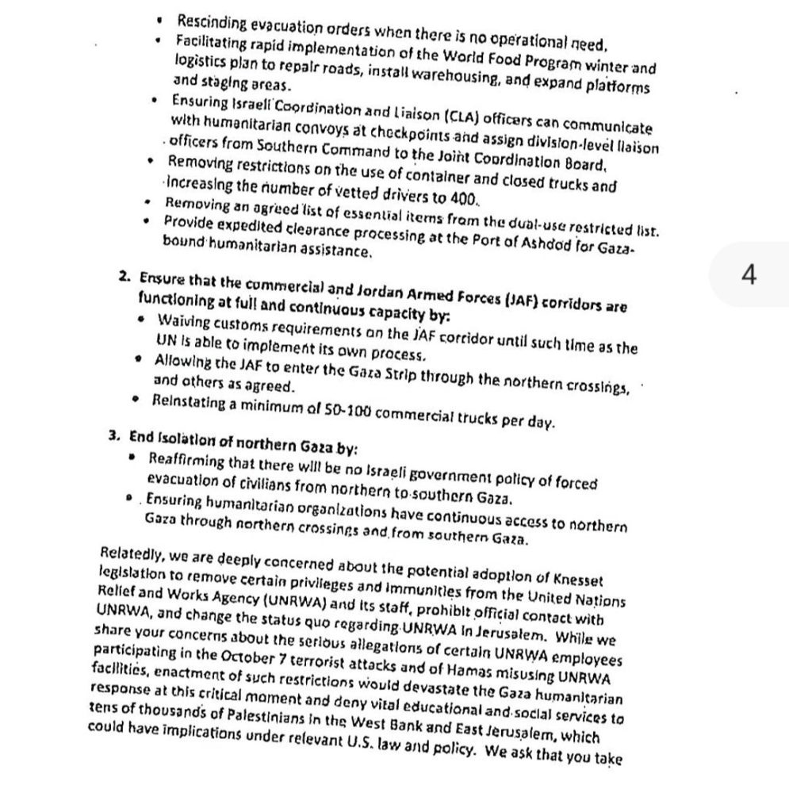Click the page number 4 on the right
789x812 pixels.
pyautogui.click(x=749, y=275)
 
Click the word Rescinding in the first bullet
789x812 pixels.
pyautogui.click(x=209, y=19)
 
